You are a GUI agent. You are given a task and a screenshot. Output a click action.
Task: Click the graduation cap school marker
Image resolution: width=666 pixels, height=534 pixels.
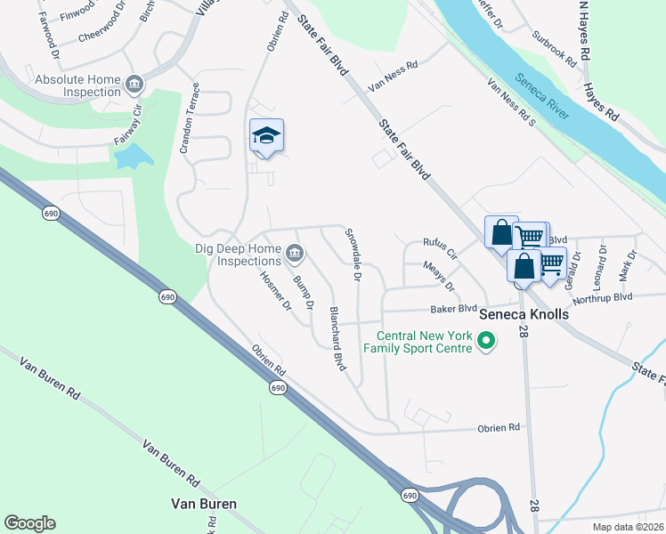[266, 136]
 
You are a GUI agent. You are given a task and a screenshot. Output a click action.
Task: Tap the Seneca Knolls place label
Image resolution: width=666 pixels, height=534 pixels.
[524, 315]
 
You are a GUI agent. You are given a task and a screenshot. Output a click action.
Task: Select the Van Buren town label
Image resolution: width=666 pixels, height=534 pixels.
[204, 504]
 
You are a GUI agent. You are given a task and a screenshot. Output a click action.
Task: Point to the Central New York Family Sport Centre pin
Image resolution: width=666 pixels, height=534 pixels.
[486, 341]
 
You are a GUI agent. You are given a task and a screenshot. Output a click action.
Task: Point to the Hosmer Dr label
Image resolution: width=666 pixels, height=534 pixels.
[275, 290]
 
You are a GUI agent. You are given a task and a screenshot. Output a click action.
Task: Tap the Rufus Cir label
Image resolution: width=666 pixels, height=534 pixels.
[440, 247]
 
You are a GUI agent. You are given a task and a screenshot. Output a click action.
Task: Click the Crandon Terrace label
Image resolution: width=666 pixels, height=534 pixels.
[191, 119]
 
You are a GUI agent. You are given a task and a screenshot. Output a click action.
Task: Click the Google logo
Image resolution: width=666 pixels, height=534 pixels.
[29, 523]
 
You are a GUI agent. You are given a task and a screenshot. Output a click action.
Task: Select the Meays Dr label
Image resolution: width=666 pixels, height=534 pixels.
[439, 276]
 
